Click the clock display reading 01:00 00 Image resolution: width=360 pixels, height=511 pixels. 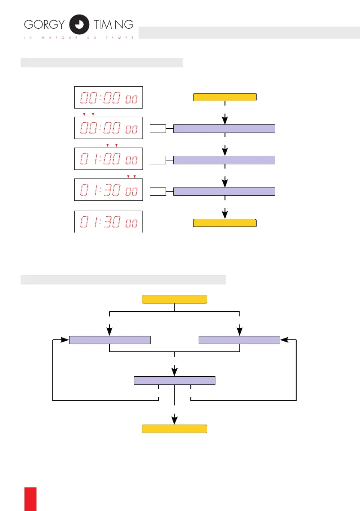(x=108, y=160)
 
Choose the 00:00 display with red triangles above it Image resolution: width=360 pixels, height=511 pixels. (x=108, y=127)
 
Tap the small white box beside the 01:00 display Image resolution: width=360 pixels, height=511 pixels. (x=158, y=160)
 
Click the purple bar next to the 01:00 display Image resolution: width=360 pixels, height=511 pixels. (x=224, y=160)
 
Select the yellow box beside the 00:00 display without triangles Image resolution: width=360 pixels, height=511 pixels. (x=225, y=97)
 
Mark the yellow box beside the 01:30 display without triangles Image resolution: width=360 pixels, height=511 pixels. (x=225, y=223)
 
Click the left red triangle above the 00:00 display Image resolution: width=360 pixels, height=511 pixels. (x=84, y=114)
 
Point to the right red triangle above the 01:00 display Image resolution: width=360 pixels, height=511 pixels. (x=116, y=145)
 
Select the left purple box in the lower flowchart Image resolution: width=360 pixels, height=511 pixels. (x=110, y=340)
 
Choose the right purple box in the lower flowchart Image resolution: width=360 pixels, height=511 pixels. (x=239, y=340)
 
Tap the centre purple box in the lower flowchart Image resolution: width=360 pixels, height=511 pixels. (x=175, y=380)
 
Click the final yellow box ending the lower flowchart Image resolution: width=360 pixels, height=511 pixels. (x=175, y=429)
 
